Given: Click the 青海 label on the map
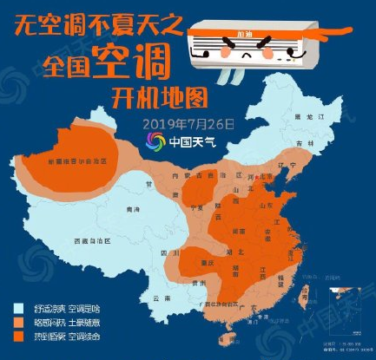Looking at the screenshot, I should [x=133, y=210].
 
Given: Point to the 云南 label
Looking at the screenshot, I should [x=157, y=297].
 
